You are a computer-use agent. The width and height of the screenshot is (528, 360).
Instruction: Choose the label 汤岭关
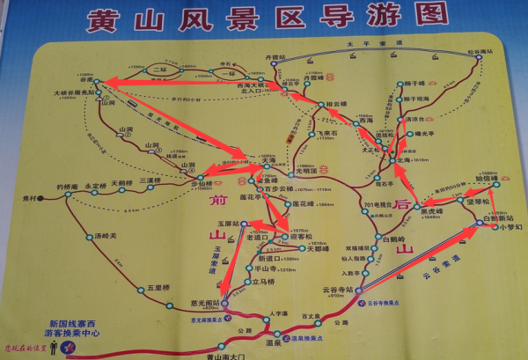point(105,236)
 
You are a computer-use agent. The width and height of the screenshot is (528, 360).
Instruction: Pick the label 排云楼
point(335,104)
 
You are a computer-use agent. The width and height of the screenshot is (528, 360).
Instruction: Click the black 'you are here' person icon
point(55,350)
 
